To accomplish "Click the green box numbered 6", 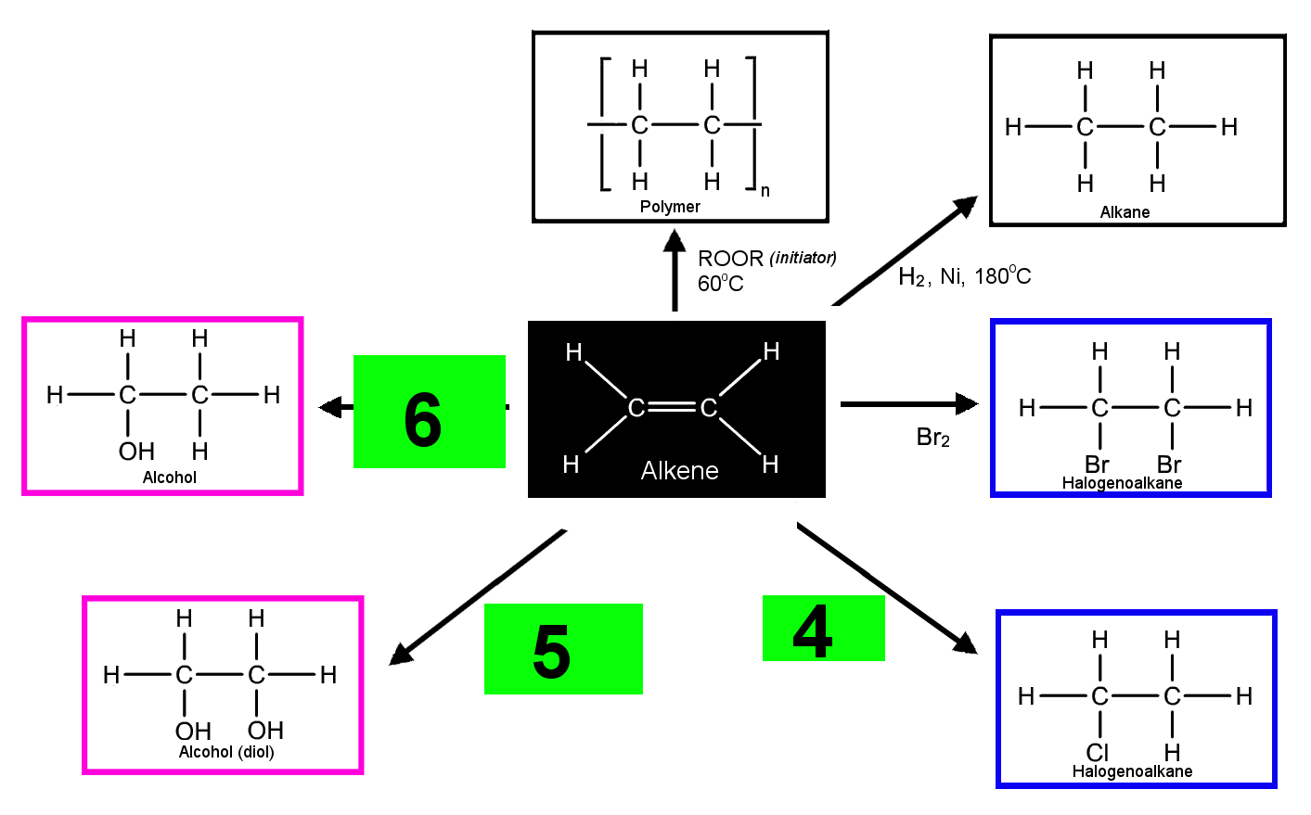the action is coord(429,412).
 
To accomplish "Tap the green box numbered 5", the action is coord(563,649).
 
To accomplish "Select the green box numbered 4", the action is coord(824,628).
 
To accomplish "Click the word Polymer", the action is coord(670,207).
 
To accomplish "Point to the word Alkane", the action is coord(1125,211).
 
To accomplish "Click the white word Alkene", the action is coord(679,470).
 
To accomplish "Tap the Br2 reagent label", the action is coord(933,438).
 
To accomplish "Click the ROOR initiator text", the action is coord(766,258).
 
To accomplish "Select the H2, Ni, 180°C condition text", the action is coord(965,276).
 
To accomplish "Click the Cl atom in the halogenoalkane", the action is coord(1098,752).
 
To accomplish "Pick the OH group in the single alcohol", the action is coord(136,452).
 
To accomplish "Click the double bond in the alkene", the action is coord(673,407).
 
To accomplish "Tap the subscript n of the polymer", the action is coord(765,191).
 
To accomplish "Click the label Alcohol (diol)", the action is coord(226,752).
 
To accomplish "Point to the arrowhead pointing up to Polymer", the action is coord(675,241).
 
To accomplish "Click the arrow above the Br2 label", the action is coord(909,403).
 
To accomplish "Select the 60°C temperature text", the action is coord(721,284).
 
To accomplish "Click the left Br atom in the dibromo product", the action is coord(1097,465).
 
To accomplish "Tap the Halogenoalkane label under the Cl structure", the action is coord(1132,771).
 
